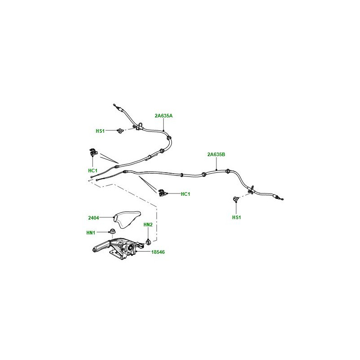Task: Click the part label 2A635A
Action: point(163,116)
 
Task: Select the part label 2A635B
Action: point(216,154)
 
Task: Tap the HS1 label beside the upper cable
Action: point(100,131)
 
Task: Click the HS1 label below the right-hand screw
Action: point(237,217)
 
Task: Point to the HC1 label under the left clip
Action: point(93,171)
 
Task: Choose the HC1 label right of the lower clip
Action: point(185,194)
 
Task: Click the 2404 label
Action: point(94,218)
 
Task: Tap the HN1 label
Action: point(91,233)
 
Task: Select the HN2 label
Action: point(148,225)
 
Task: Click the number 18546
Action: point(158,252)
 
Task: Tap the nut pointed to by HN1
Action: point(112,231)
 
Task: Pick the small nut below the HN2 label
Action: point(148,242)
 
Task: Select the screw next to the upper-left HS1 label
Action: point(120,131)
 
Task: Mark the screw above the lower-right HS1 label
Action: point(236,198)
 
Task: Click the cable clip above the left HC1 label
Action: point(93,152)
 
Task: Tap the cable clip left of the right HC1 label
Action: point(162,193)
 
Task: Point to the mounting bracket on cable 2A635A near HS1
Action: point(139,126)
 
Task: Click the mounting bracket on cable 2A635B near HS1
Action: point(251,189)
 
